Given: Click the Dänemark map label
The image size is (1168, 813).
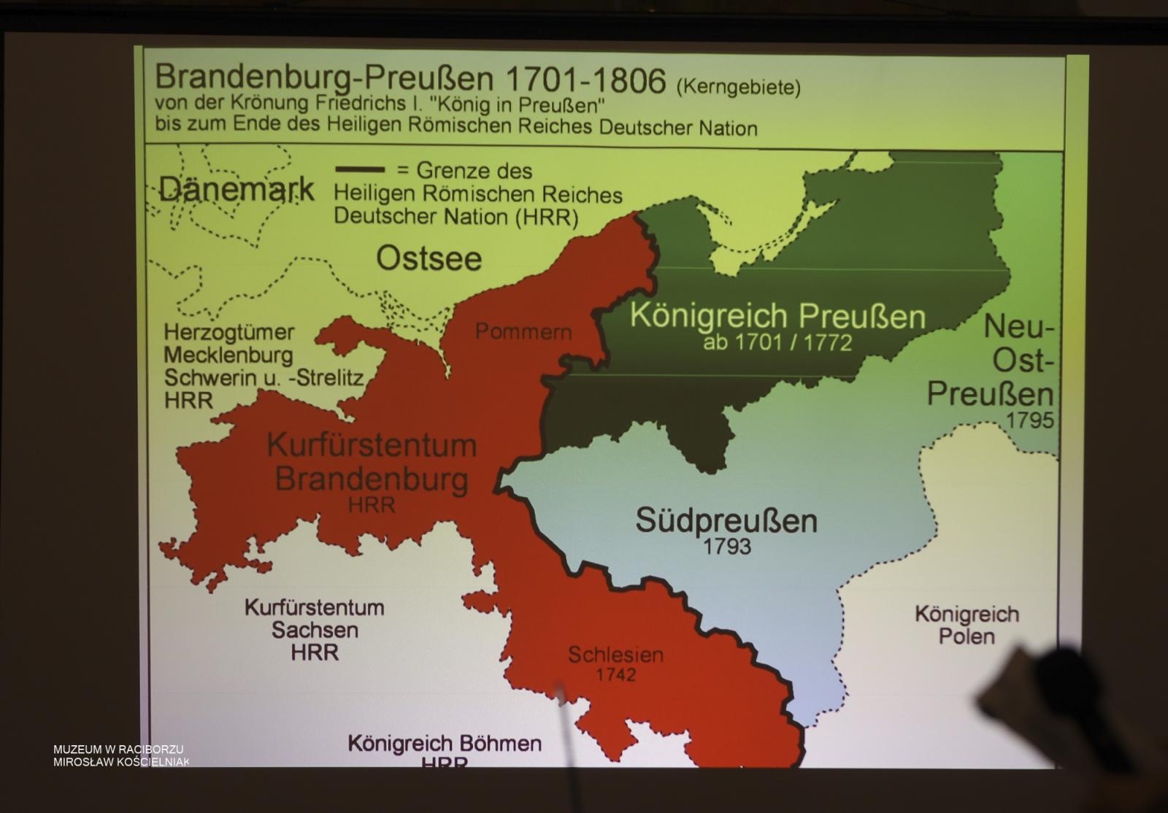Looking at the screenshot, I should pyautogui.click(x=236, y=190).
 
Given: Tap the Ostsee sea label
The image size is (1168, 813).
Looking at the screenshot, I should pyautogui.click(x=429, y=258).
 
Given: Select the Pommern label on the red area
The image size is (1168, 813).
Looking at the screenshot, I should pyautogui.click(x=523, y=331).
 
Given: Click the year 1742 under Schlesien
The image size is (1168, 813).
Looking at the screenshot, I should pyautogui.click(x=615, y=674).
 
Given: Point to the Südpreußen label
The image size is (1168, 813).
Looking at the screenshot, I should pyautogui.click(x=726, y=520).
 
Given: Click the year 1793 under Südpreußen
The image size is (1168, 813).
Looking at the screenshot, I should pyautogui.click(x=726, y=547).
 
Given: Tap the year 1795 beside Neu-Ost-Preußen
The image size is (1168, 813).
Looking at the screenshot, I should pyautogui.click(x=1029, y=420).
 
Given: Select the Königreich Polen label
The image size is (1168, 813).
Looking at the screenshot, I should pyautogui.click(x=967, y=625).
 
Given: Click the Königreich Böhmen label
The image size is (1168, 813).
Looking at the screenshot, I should pyautogui.click(x=445, y=744).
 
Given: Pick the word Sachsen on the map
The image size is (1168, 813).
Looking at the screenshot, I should pyautogui.click(x=315, y=630).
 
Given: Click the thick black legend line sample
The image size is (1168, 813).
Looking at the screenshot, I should pyautogui.click(x=360, y=169).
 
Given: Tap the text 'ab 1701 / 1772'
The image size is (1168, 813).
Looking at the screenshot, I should pyautogui.click(x=777, y=342).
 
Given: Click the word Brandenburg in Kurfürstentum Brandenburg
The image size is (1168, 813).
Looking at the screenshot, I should pyautogui.click(x=372, y=479).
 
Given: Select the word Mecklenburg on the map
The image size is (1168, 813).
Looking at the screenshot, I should pyautogui.click(x=228, y=355).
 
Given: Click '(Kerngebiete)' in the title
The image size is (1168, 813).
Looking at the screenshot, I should pyautogui.click(x=738, y=88).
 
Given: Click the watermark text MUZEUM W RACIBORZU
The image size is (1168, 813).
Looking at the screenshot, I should pyautogui.click(x=118, y=750).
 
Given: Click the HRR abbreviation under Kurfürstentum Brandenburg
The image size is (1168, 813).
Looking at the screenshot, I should pyautogui.click(x=372, y=505).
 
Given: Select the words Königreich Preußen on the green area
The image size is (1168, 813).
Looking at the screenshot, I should pyautogui.click(x=777, y=316).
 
